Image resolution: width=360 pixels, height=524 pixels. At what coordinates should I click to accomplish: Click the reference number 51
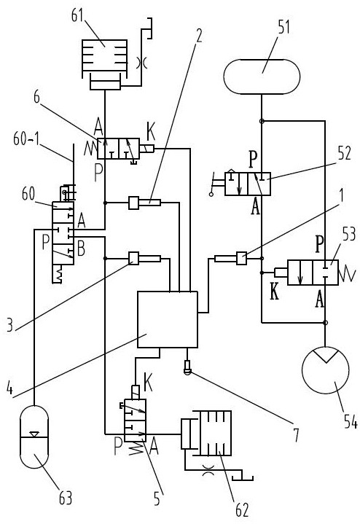pyautogui.click(x=283, y=27)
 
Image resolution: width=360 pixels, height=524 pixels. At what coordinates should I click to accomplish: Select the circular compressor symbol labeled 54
pyautogui.click(x=325, y=369)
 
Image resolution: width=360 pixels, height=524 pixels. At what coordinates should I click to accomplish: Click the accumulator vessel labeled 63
pyautogui.click(x=34, y=437)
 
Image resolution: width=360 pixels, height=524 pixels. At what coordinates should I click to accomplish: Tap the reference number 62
pyautogui.click(x=242, y=510)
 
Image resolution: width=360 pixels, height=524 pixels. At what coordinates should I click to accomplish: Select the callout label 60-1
pyautogui.click(x=26, y=138)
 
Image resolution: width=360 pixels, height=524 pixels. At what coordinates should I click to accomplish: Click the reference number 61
pyautogui.click(x=77, y=15)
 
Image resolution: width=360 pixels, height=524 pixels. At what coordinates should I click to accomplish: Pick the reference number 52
pyautogui.click(x=344, y=153)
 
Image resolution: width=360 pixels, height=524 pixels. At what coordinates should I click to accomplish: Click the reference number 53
pyautogui.click(x=349, y=234)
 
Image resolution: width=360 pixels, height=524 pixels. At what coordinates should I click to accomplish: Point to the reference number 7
pyautogui.click(x=296, y=435)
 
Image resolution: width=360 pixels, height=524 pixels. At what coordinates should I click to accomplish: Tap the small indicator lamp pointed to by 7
pyautogui.click(x=187, y=367)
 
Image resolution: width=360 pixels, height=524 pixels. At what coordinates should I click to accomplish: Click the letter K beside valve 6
pyautogui.click(x=151, y=131)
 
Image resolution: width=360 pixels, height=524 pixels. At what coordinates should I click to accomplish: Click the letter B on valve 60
pyautogui.click(x=81, y=249)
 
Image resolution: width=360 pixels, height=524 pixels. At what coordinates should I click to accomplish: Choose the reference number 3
pyautogui.click(x=10, y=324)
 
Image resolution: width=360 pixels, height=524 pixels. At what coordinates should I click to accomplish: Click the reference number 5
pyautogui.click(x=157, y=499)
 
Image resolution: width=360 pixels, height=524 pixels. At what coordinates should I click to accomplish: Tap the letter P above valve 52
pyautogui.click(x=253, y=160)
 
